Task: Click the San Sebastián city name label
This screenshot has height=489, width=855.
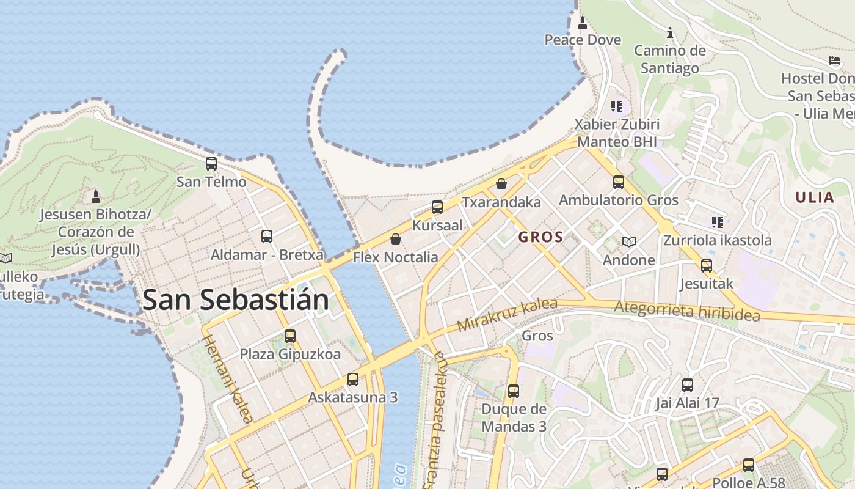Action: [236, 300]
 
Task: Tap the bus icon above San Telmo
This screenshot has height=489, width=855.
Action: [211, 164]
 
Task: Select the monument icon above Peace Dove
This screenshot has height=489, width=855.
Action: [583, 23]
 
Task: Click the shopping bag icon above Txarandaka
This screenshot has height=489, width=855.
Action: [501, 184]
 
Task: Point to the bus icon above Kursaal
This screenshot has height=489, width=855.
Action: [437, 207]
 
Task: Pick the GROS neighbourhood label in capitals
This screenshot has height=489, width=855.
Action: [540, 237]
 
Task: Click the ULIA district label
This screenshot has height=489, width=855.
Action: [815, 197]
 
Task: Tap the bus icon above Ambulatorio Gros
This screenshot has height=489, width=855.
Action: [619, 182]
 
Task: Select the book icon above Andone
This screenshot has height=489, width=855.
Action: [629, 241]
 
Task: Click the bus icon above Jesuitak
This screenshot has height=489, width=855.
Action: [707, 266]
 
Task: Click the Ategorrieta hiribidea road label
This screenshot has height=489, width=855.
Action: [687, 311]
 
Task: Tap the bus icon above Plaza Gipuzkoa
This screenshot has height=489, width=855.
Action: [290, 336]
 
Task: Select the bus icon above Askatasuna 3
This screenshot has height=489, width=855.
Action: [353, 380]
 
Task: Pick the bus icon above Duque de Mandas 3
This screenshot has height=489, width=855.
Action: [514, 391]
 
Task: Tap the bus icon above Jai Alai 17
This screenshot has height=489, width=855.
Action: [688, 385]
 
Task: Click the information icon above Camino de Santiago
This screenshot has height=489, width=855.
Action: [670, 32]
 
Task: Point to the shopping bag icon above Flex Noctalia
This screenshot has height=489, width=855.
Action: [396, 239]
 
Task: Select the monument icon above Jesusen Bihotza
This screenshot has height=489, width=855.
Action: [96, 197]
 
